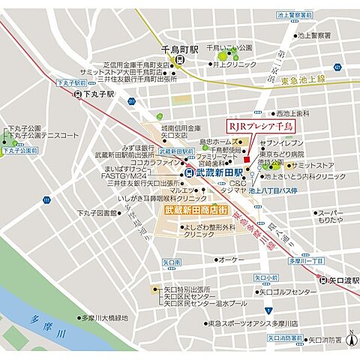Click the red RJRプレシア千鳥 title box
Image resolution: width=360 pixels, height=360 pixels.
(262, 126)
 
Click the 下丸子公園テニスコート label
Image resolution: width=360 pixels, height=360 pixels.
(43, 136)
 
